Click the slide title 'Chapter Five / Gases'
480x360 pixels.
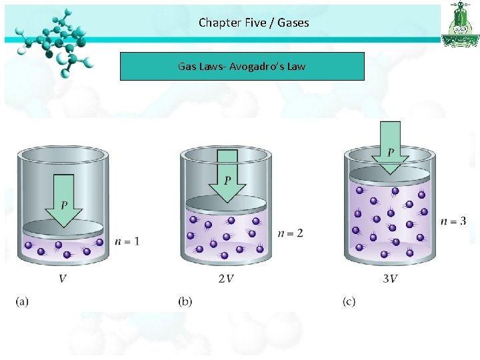pos(253,23)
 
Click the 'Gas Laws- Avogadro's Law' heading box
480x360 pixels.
pos(242,67)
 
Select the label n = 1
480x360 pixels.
pos(127,241)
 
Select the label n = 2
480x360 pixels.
pos(290,233)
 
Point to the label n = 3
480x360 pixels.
pos(453,221)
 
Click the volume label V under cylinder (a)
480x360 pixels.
pos(63,278)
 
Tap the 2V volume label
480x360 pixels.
pos(226,278)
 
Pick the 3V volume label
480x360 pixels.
pos(390,278)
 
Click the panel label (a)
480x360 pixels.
pos(22,302)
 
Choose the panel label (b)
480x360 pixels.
pos(185,302)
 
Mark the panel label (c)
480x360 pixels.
pos(349,302)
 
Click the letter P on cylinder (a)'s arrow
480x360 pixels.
pos(63,204)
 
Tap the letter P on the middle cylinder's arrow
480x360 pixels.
pos(227,181)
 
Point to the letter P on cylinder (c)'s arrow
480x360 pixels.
pos(391,153)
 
